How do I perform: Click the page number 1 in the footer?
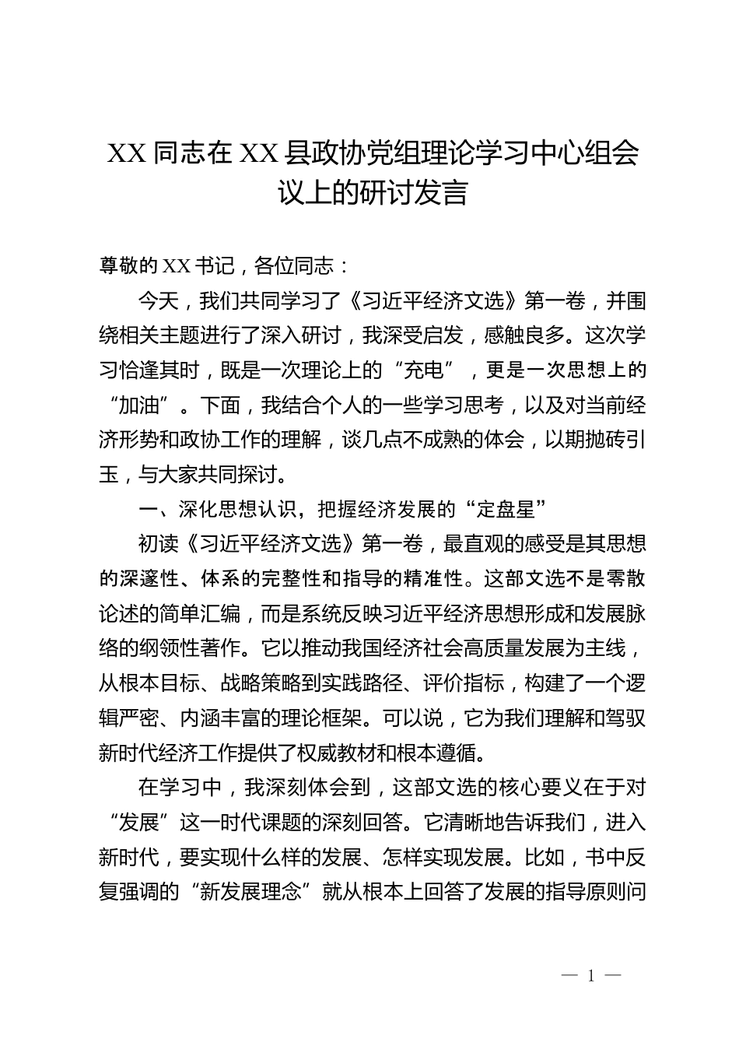(591, 976)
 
